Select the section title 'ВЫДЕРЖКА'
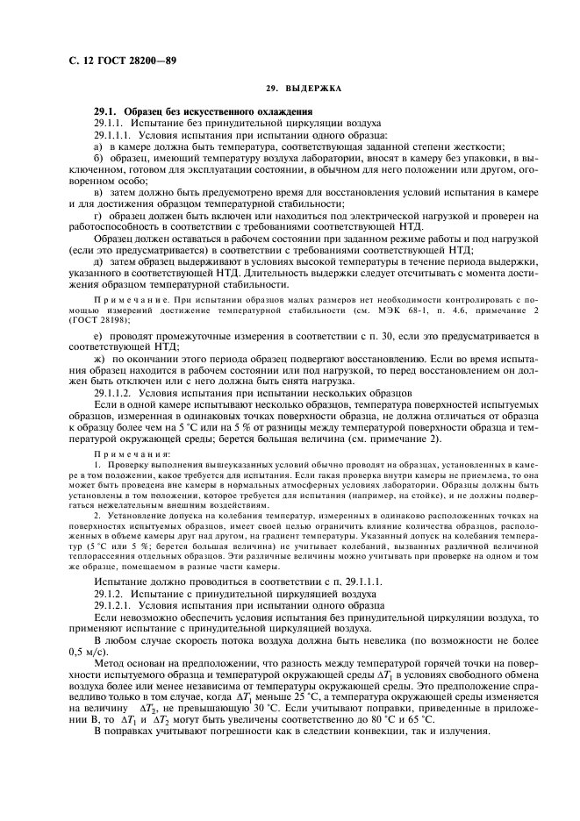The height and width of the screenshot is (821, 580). click(x=318, y=89)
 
